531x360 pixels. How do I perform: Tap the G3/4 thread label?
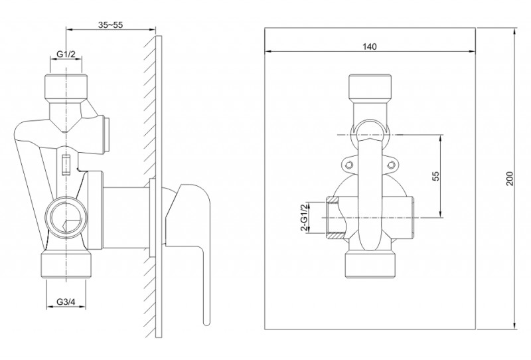(x=66, y=302)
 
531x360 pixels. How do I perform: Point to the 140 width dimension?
(x=370, y=46)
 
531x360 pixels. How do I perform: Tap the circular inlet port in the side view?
(x=66, y=217)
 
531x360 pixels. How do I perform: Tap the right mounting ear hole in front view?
(x=390, y=165)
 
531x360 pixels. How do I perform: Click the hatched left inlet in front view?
(x=334, y=218)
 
